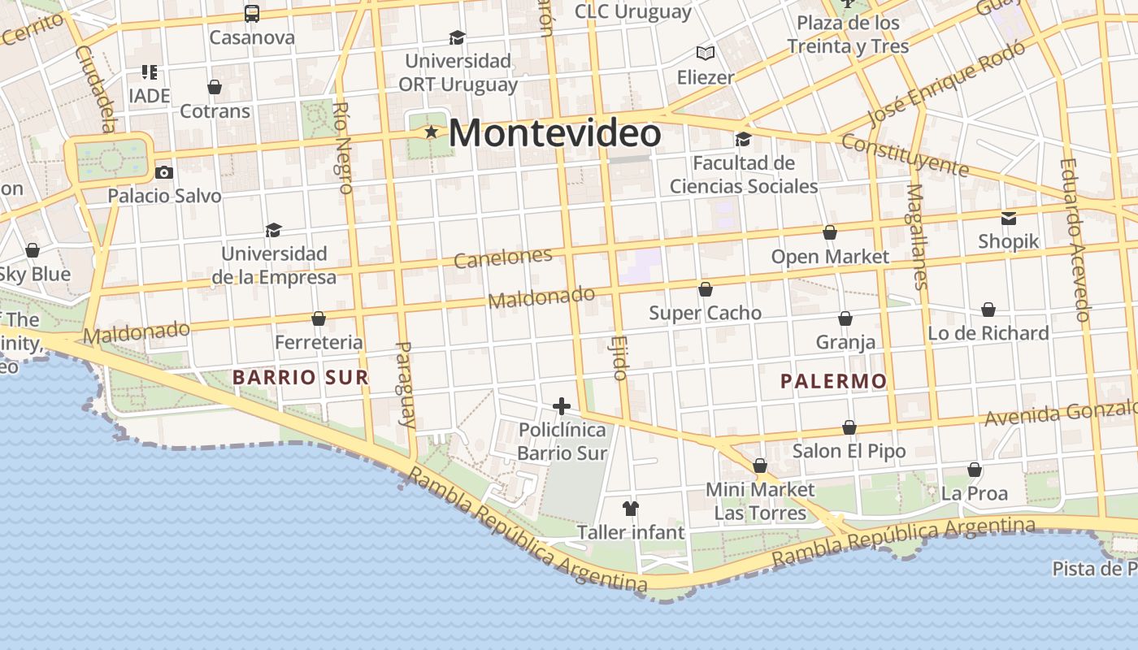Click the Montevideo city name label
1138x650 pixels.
pos(554,133)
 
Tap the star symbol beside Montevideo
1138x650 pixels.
pos(431,132)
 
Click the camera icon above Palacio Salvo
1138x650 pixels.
pos(164,172)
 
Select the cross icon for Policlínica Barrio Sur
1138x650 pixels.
pos(562,406)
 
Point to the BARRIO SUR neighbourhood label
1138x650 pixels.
pos(300,377)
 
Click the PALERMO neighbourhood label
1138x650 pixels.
pos(833,381)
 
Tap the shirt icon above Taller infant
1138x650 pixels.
pos(631,509)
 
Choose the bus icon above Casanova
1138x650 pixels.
pos(252,14)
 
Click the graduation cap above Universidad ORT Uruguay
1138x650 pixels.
pos(458,37)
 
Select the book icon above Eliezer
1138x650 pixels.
pos(706,54)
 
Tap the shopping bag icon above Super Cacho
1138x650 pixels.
pos(706,289)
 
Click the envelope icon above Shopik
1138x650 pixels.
pos(1009,218)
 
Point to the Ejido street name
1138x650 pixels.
pos(619,358)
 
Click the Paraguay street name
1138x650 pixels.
pos(405,383)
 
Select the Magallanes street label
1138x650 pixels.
pos(917,236)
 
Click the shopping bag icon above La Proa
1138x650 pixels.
pos(975,470)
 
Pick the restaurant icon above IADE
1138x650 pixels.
pos(149,72)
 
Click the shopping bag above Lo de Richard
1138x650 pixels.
pos(988,310)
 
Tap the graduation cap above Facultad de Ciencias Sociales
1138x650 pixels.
pos(743,140)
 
